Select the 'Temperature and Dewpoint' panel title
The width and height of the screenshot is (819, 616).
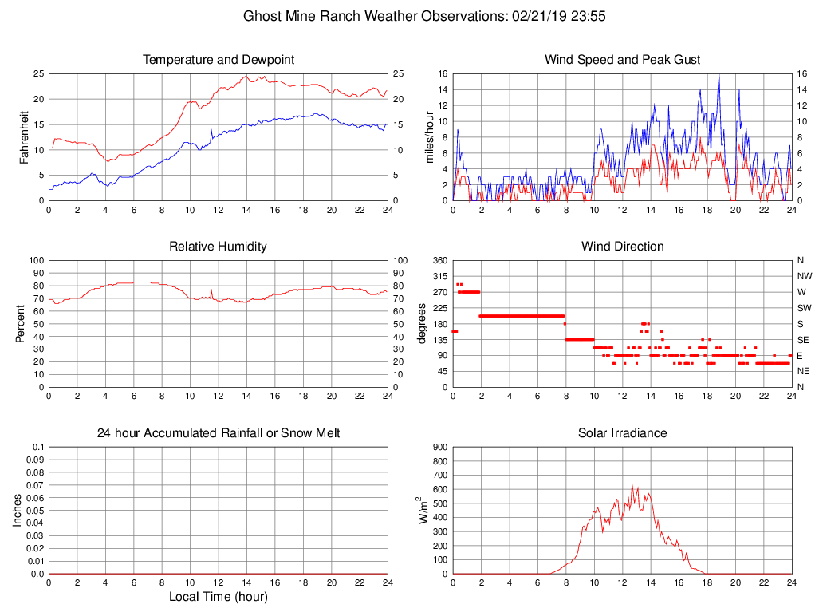[219, 60]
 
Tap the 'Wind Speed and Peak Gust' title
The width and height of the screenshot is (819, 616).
[622, 60]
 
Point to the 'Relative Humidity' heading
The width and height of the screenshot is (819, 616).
[219, 247]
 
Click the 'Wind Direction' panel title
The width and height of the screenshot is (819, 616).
[622, 247]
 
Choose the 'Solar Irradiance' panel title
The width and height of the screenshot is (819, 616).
[622, 433]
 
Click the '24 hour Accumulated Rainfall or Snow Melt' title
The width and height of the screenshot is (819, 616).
[219, 433]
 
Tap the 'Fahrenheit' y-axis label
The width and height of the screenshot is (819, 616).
[24, 137]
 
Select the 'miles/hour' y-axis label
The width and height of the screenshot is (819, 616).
[428, 137]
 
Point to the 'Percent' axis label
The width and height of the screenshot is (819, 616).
[24, 324]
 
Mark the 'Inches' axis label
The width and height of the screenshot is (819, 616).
[18, 511]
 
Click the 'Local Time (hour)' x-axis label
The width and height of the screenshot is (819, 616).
[219, 597]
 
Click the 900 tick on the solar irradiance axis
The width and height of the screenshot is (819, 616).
[439, 447]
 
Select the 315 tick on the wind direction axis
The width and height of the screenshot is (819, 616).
[439, 276]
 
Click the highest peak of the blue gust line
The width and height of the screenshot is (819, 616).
[719, 74]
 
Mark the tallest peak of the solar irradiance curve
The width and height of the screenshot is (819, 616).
[632, 482]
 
